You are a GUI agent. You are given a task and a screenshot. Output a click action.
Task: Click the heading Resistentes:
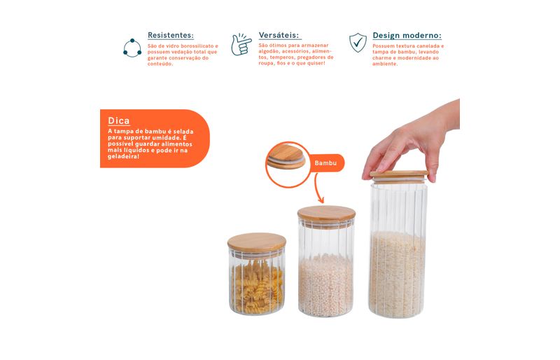171,36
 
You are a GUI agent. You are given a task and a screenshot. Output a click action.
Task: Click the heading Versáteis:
279,36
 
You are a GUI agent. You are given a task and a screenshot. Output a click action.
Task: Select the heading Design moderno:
407,36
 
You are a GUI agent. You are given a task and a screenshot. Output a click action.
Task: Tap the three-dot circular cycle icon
132,48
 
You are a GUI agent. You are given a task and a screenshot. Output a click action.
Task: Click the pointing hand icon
241,45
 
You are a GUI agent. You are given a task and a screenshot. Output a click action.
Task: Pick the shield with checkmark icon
358,43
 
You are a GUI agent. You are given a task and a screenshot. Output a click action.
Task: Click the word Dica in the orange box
118,121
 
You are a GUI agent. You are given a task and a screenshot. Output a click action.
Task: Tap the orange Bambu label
325,163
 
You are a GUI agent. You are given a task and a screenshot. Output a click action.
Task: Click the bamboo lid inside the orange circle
286,157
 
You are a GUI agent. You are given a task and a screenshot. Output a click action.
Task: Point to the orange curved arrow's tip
322,203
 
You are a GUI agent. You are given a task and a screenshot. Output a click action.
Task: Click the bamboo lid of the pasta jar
257,243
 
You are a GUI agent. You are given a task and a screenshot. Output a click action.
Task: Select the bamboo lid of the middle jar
326,214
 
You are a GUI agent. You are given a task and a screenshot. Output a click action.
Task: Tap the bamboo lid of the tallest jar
398,176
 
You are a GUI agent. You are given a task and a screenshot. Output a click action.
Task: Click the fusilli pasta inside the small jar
257,286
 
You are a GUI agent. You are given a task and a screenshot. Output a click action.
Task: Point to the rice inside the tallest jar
397,273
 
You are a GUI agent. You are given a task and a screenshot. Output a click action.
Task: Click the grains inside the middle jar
325,286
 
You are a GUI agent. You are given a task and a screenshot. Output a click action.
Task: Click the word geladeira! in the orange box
124,157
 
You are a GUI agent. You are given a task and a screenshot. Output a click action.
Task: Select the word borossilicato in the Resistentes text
197,46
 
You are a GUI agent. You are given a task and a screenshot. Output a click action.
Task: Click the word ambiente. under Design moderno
385,64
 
